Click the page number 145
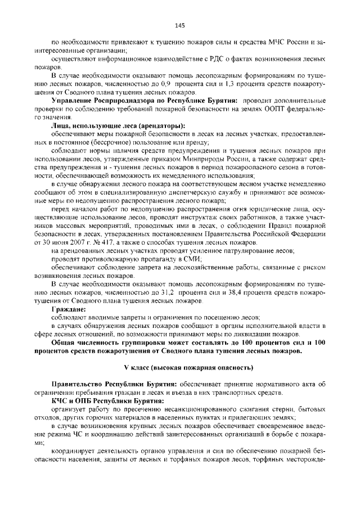click(180, 25)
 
